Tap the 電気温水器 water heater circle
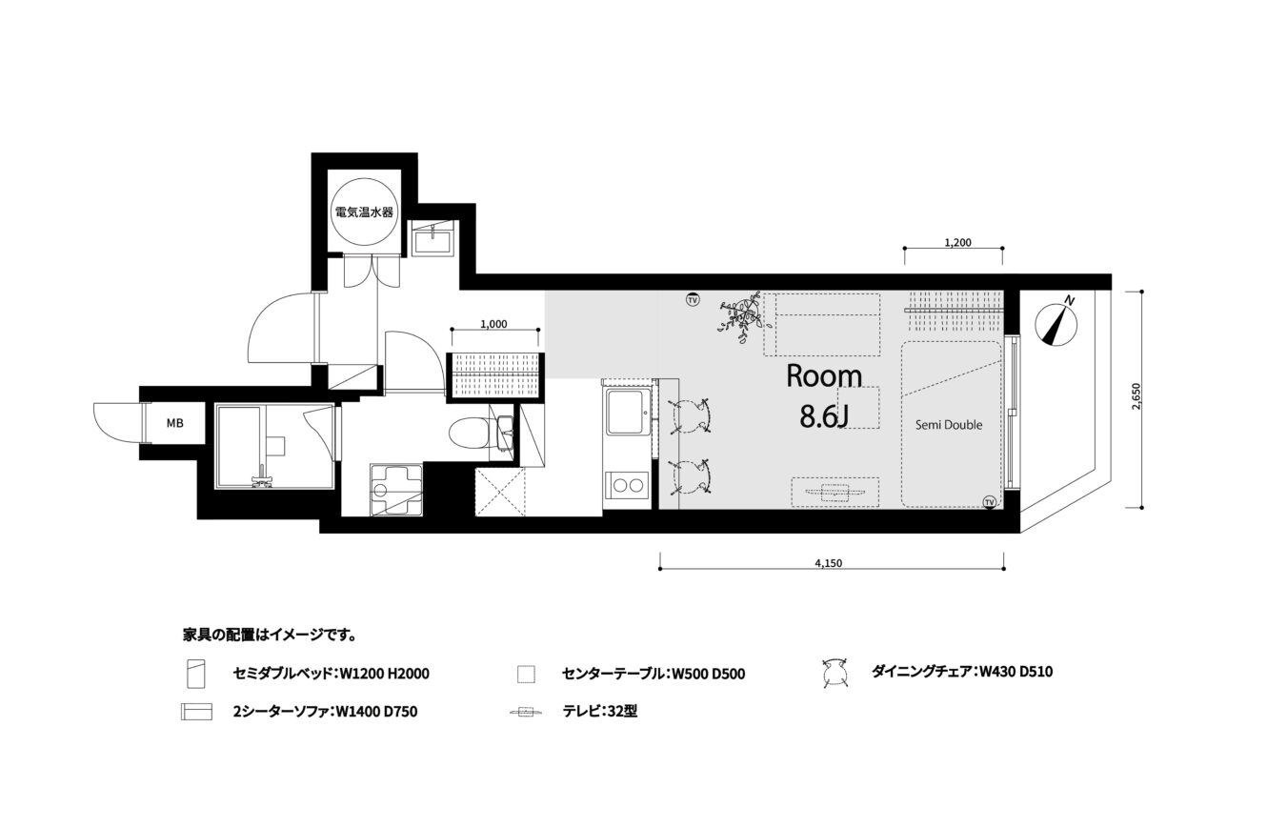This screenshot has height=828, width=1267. pyautogui.click(x=364, y=212)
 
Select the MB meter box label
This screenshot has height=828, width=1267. pyautogui.click(x=174, y=423)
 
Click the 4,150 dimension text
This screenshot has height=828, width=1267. pyautogui.click(x=829, y=563)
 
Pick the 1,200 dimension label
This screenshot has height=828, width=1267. pyautogui.click(x=957, y=243)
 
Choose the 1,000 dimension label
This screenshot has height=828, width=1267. pyautogui.click(x=493, y=324)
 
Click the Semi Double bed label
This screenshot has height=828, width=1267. pyautogui.click(x=949, y=425)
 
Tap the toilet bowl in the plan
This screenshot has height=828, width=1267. pyautogui.click(x=470, y=433)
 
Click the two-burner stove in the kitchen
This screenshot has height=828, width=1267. pyautogui.click(x=628, y=486)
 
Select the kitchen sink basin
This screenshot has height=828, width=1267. pyautogui.click(x=627, y=413)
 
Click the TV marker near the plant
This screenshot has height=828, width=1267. pyautogui.click(x=693, y=299)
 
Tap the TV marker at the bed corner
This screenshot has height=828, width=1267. pyautogui.click(x=989, y=502)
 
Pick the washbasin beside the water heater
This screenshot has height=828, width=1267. pyautogui.click(x=432, y=238)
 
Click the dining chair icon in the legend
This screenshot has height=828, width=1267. pyautogui.click(x=835, y=673)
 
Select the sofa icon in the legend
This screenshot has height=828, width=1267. pyautogui.click(x=197, y=712)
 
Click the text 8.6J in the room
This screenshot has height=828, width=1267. pyautogui.click(x=823, y=416)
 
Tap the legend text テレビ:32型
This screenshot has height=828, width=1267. pyautogui.click(x=599, y=711)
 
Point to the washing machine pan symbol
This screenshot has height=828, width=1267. pyautogui.click(x=396, y=490)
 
